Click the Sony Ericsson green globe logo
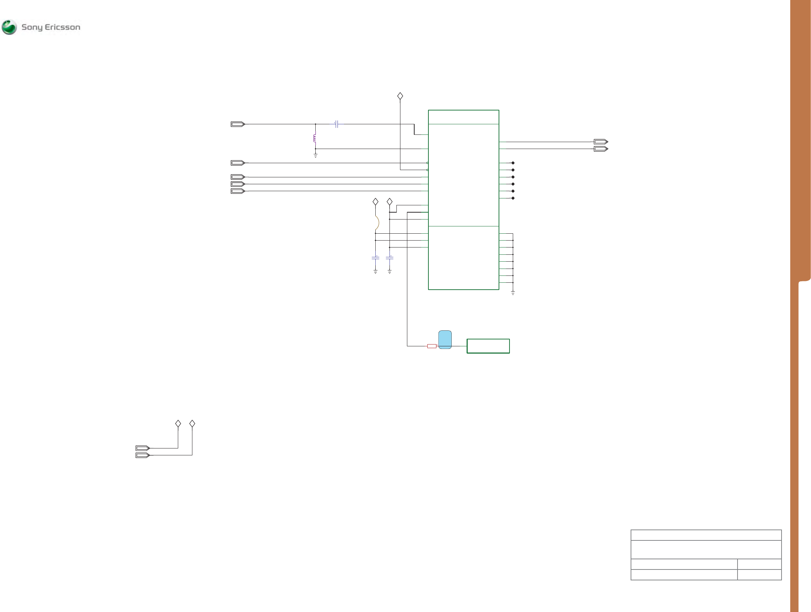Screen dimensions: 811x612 point(9,27)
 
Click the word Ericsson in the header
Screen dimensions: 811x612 point(62,27)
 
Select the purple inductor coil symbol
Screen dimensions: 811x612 point(315,138)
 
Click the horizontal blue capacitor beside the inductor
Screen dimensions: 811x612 point(336,124)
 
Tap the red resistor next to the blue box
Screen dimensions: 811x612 point(432,346)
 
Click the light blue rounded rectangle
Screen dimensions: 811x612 point(445,340)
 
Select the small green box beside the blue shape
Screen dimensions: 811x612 point(488,346)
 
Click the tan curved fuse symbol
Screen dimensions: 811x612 point(377,223)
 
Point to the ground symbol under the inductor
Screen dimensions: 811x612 point(315,156)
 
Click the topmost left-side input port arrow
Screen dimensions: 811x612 point(237,124)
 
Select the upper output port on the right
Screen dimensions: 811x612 point(600,142)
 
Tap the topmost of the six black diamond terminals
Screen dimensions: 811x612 point(513,163)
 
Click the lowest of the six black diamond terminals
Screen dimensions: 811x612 point(513,198)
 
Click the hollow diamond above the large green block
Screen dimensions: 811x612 point(400,96)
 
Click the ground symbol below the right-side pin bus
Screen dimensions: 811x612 point(513,293)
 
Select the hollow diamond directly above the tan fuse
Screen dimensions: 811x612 point(375,202)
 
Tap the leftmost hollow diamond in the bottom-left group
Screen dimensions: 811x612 point(178,424)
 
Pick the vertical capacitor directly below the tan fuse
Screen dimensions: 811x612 point(375,258)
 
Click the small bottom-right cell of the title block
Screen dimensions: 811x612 point(759,575)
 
